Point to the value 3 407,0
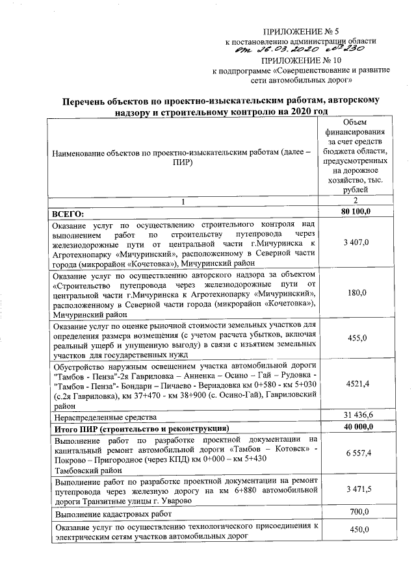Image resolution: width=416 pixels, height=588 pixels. tap(356, 242)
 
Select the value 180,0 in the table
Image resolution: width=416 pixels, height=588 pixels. tap(356, 293)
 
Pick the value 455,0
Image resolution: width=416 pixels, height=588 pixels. tap(356, 338)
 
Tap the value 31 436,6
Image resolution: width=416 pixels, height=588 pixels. tap(356, 415)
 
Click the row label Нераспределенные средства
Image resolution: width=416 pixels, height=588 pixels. tap(105, 416)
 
